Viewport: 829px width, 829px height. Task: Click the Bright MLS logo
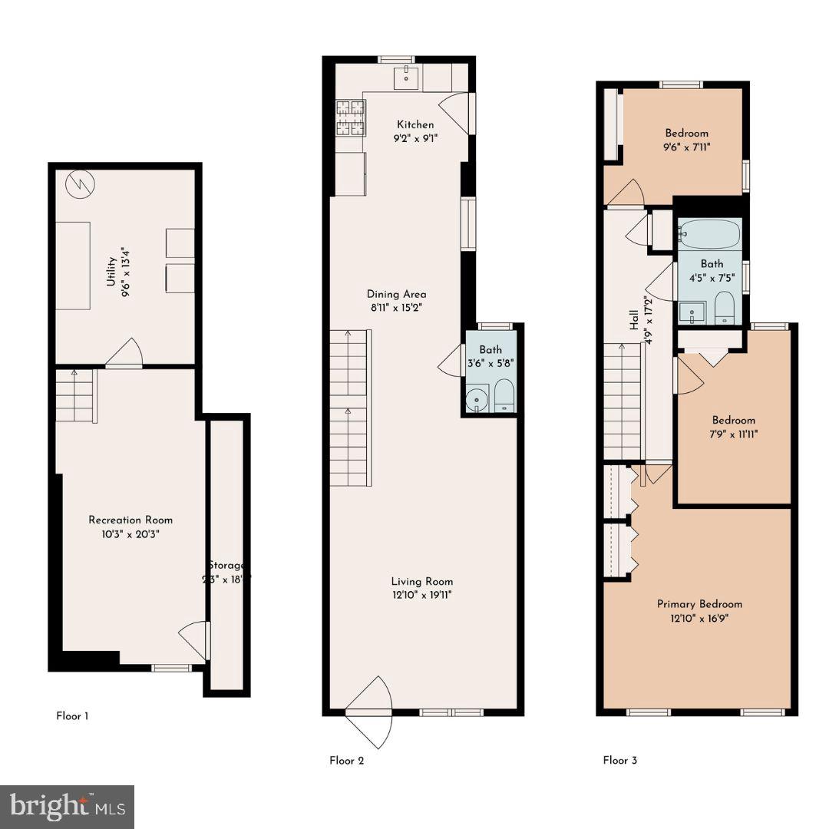pyautogui.click(x=67, y=807)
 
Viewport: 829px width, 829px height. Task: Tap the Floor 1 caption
pyautogui.click(x=72, y=716)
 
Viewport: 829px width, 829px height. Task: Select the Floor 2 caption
pyautogui.click(x=346, y=761)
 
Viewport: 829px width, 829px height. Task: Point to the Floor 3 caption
pyautogui.click(x=619, y=761)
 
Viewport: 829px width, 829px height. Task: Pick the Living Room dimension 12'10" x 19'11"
pyautogui.click(x=421, y=595)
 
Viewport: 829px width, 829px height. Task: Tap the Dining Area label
pyautogui.click(x=396, y=294)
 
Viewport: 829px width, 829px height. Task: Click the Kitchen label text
pyautogui.click(x=415, y=124)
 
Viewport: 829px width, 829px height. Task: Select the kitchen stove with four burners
pyautogui.click(x=349, y=117)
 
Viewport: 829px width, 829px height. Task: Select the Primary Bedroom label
pyautogui.click(x=699, y=604)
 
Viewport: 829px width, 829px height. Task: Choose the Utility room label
pyautogui.click(x=111, y=271)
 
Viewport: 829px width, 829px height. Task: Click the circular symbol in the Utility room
pyautogui.click(x=79, y=183)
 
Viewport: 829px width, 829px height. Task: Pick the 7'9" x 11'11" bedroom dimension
pyautogui.click(x=733, y=434)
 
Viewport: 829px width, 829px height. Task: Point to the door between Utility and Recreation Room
pyautogui.click(x=125, y=355)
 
